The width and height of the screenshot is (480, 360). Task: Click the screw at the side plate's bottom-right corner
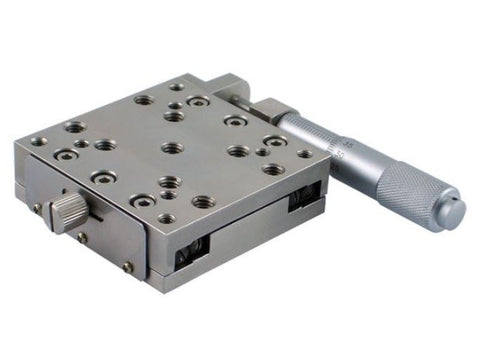tap(128, 266)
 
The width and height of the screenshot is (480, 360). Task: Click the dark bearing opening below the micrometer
tap(303, 200)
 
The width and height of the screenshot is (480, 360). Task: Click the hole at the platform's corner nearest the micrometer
tap(304, 155)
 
